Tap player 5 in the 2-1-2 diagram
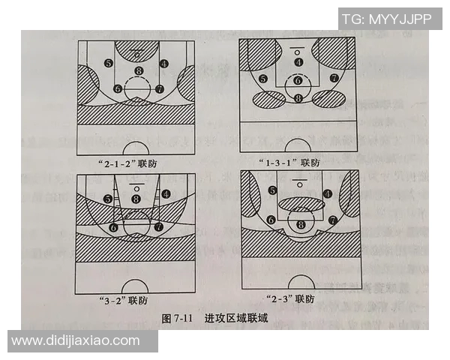pos(109,64)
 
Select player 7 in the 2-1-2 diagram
pos(159,88)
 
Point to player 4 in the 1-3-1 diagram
pos(298,62)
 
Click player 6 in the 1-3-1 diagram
pos(298,80)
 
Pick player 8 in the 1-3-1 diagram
pos(298,97)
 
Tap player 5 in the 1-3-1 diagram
pos(263,78)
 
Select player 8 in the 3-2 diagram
pos(136,198)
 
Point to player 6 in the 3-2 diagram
pos(114,226)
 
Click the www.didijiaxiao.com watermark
pos(76,340)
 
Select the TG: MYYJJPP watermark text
pos(387,18)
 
